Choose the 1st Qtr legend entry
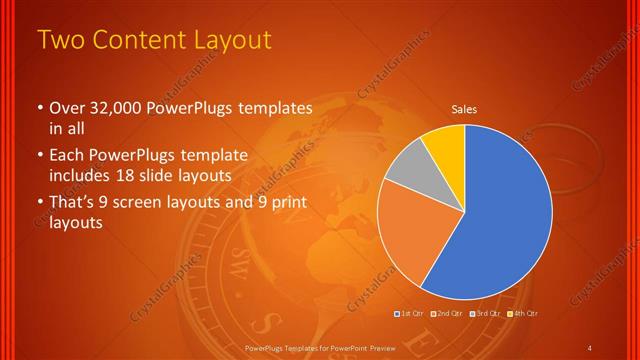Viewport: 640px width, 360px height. coord(408,314)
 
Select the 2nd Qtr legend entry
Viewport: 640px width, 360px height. coord(447,314)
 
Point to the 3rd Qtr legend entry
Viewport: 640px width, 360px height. coord(487,314)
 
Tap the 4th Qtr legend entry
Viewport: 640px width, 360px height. coord(526,314)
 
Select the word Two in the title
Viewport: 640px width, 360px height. coord(60,40)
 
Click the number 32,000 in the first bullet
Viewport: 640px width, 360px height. coord(123,108)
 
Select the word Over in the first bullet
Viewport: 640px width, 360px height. coord(67,108)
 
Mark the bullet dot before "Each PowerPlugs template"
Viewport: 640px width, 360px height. coord(40,157)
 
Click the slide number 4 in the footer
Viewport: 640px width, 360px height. coord(590,347)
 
